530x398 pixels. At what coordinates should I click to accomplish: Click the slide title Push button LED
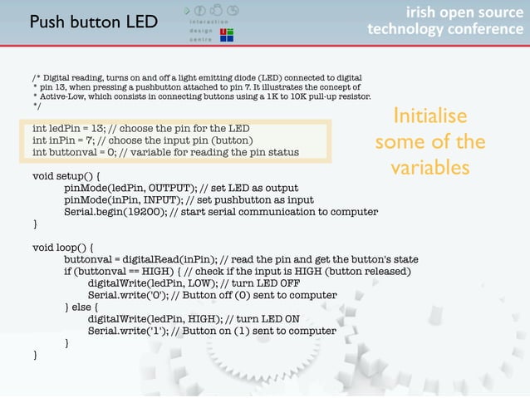click(x=93, y=21)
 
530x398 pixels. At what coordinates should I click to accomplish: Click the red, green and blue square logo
click(x=224, y=34)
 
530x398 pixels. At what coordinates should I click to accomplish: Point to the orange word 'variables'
click(x=430, y=168)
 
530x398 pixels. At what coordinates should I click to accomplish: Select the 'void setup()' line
click(x=67, y=176)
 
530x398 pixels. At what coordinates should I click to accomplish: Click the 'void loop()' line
click(x=63, y=248)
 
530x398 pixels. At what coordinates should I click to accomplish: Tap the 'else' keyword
click(x=84, y=307)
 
